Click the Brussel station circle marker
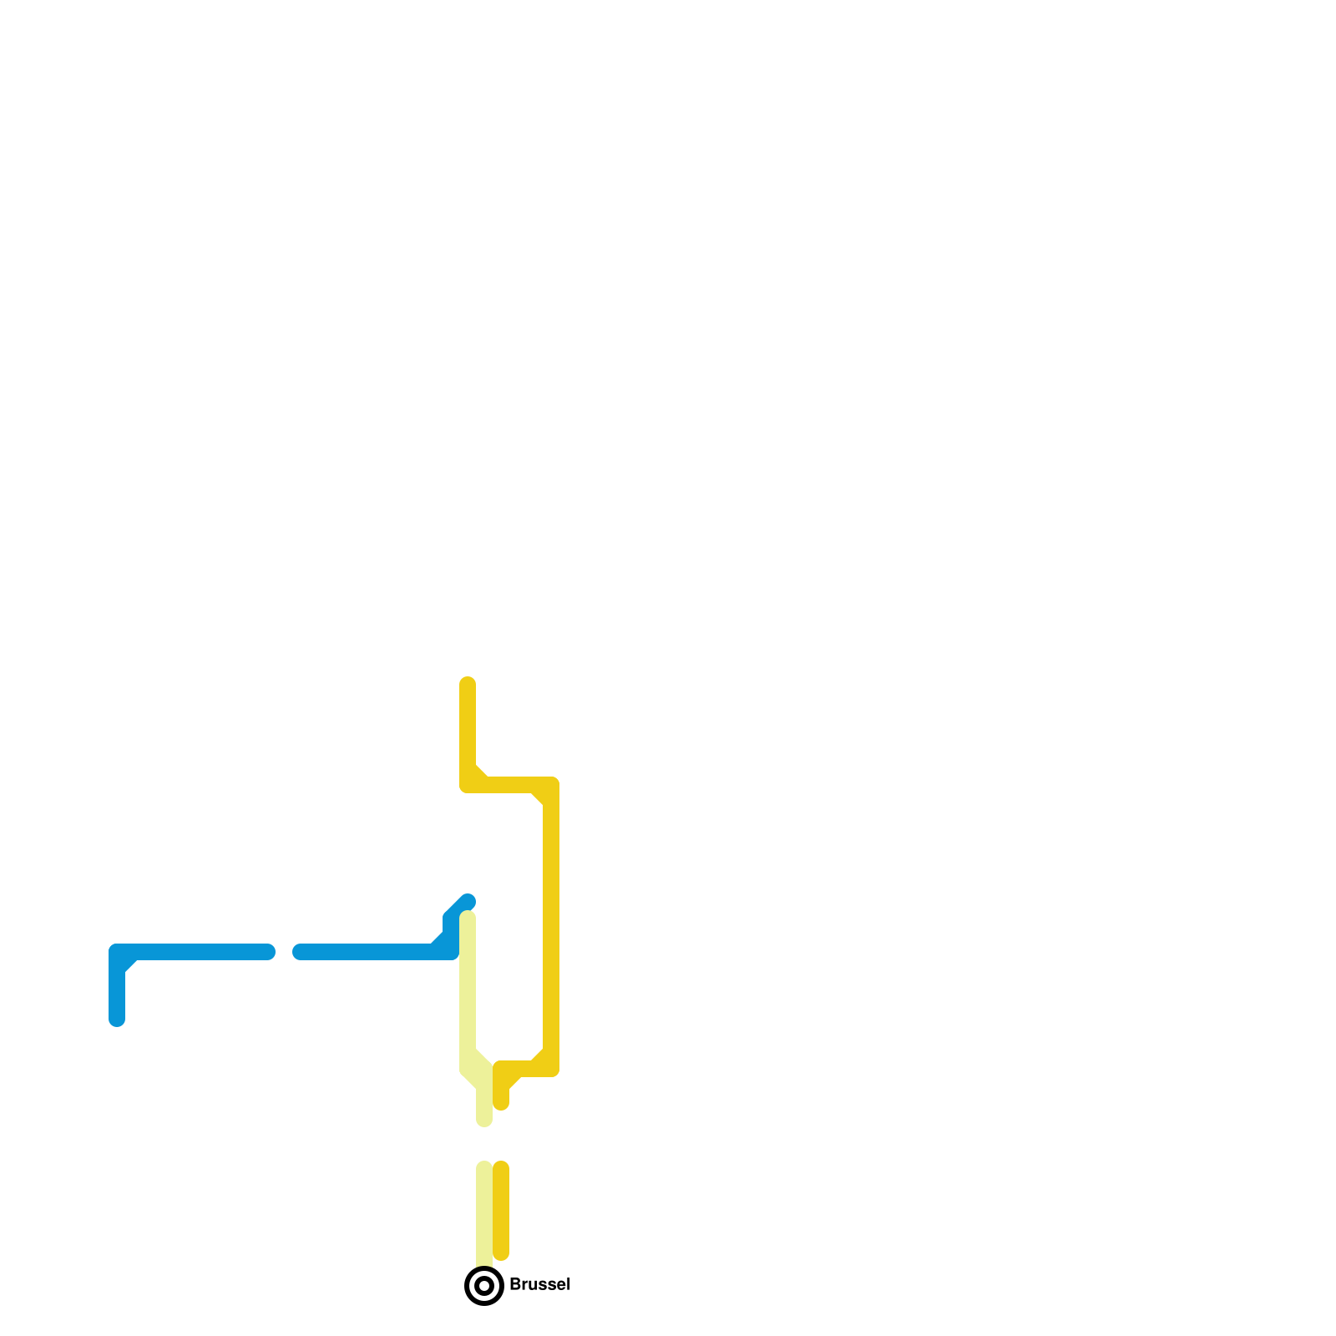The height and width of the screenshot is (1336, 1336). pos(484,1285)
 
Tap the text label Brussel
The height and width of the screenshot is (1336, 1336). pos(539,1284)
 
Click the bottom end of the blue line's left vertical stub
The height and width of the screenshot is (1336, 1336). pos(117,1019)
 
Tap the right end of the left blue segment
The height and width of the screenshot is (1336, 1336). pos(268,952)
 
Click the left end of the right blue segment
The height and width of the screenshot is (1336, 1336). pos(300,952)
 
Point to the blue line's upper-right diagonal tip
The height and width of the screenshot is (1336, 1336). pos(469,901)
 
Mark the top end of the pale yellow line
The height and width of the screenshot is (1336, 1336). pos(468,918)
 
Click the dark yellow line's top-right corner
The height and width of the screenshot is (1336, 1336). pos(550,786)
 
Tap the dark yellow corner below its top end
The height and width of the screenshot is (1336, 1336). pos(468,784)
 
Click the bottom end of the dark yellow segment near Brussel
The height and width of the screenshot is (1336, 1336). pos(501,1253)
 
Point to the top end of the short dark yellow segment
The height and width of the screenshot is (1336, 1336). pos(501,1167)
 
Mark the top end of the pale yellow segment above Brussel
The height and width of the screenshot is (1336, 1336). pos(484,1167)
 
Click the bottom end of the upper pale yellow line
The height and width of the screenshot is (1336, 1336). pos(484,1120)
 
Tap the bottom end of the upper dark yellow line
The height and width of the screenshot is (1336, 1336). pos(501,1103)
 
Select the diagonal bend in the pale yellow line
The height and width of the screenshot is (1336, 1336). pos(476,1069)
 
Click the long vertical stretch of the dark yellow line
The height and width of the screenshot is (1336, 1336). pos(551,927)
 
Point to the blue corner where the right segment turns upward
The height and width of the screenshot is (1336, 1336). pos(451,950)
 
